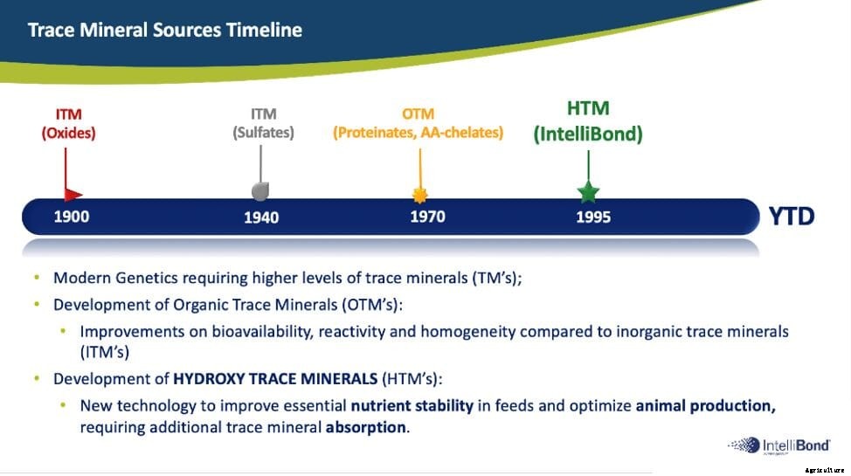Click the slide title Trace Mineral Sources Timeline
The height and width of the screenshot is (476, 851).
(x=164, y=31)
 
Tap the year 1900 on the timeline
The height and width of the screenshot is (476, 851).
(x=72, y=217)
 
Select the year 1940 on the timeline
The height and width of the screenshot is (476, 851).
(x=261, y=217)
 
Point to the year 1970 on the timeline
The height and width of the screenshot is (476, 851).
(x=427, y=217)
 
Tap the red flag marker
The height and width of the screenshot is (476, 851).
(x=73, y=194)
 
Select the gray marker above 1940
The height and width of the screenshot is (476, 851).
(x=260, y=190)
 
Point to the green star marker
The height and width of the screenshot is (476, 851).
(x=588, y=191)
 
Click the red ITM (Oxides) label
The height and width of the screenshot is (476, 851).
(x=68, y=124)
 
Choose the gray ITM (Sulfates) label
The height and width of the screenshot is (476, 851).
(x=263, y=124)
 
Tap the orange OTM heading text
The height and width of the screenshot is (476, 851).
(x=418, y=114)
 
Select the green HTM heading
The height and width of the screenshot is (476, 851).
(x=588, y=109)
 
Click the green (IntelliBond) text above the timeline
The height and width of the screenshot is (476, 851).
(x=588, y=135)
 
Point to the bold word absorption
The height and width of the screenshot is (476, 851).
(x=366, y=428)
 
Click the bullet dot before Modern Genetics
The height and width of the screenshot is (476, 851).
(x=37, y=279)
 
